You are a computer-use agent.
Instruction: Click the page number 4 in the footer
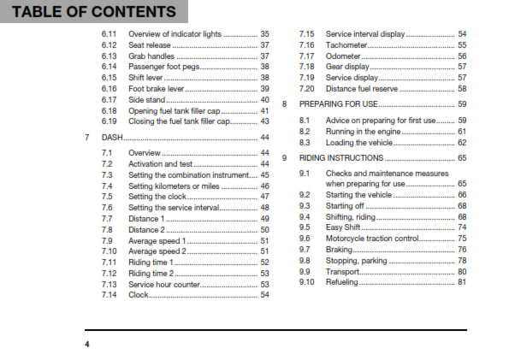(x=86, y=344)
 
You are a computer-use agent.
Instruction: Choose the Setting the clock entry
(x=159, y=196)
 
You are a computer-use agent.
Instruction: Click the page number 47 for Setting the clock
(x=264, y=196)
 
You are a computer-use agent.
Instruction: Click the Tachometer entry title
(x=348, y=44)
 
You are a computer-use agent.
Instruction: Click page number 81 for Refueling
(x=462, y=282)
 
